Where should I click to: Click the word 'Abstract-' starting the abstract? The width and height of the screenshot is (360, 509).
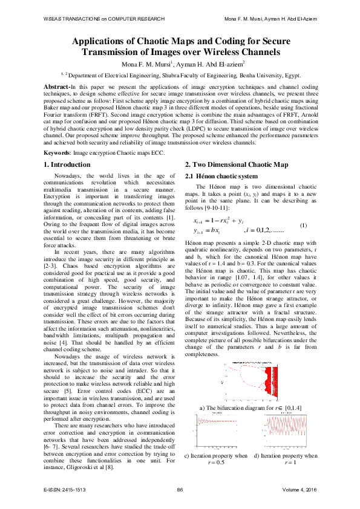[x=57, y=87]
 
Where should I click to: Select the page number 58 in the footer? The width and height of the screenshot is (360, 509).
[x=180, y=488]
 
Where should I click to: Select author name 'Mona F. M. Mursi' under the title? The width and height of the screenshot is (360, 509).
[x=148, y=65]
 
